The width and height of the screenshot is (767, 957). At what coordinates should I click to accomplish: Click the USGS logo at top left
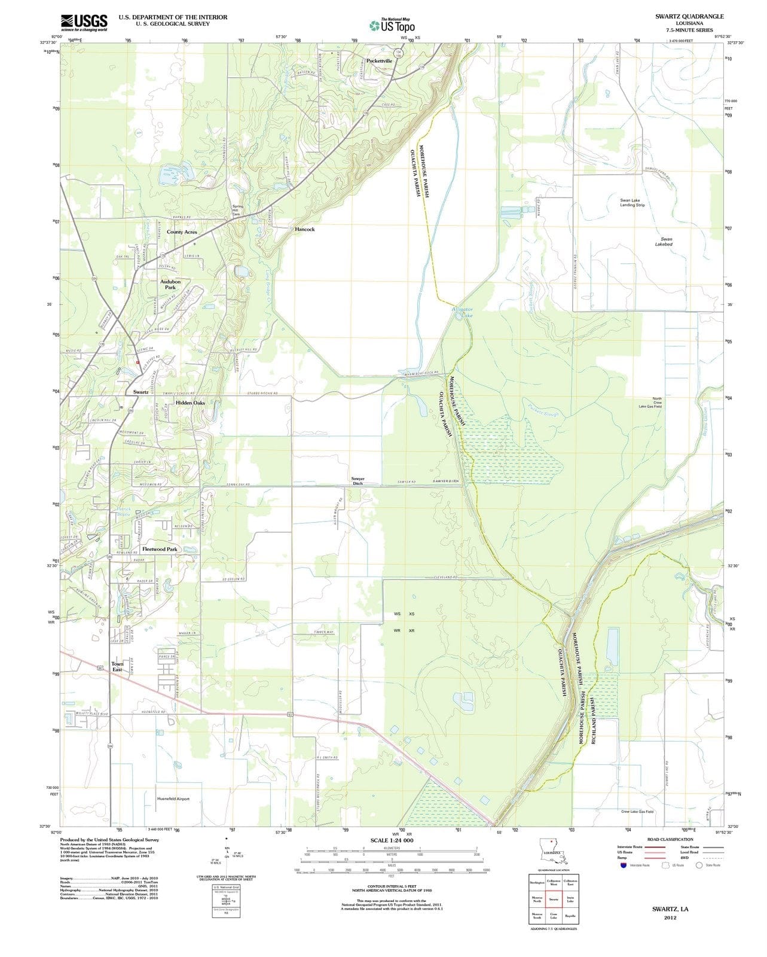click(x=84, y=22)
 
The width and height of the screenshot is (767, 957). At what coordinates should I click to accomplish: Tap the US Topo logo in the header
click(x=392, y=25)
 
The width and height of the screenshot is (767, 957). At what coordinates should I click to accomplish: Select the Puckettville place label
click(x=379, y=60)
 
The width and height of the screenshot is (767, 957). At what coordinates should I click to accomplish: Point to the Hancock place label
click(x=304, y=229)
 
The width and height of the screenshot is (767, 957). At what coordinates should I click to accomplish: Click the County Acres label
click(x=182, y=232)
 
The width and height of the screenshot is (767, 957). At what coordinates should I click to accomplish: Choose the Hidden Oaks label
click(x=190, y=403)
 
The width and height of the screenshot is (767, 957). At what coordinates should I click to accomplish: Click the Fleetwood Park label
click(x=160, y=549)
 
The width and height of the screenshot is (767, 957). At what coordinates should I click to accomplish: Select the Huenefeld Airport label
click(x=173, y=798)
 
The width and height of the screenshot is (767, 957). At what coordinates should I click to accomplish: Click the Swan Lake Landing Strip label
click(x=632, y=203)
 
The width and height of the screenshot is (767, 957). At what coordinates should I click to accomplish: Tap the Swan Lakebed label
click(x=664, y=242)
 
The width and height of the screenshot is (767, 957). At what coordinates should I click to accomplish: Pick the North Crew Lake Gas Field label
click(x=657, y=403)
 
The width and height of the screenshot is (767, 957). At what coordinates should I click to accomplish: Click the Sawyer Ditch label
click(x=357, y=481)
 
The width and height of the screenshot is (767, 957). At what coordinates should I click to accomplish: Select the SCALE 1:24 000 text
click(x=392, y=840)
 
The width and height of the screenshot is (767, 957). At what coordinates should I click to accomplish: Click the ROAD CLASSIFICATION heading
click(x=670, y=839)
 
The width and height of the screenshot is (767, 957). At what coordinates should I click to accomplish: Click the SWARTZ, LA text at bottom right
click(x=670, y=909)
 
